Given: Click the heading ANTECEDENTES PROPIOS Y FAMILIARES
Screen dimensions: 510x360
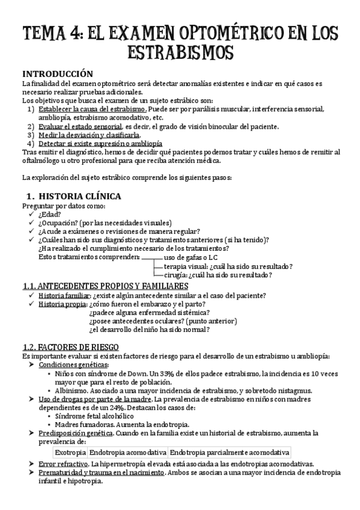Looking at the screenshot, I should (x=105, y=286).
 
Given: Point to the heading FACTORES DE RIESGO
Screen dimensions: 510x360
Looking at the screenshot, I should (x=70, y=347).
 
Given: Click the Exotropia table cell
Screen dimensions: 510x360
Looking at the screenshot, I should (x=70, y=452).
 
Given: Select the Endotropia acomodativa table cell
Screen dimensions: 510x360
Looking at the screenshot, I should (x=128, y=452).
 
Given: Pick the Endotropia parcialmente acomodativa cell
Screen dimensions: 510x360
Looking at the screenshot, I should (x=230, y=452).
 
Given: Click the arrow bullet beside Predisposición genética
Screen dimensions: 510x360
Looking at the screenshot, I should (x=31, y=433).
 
